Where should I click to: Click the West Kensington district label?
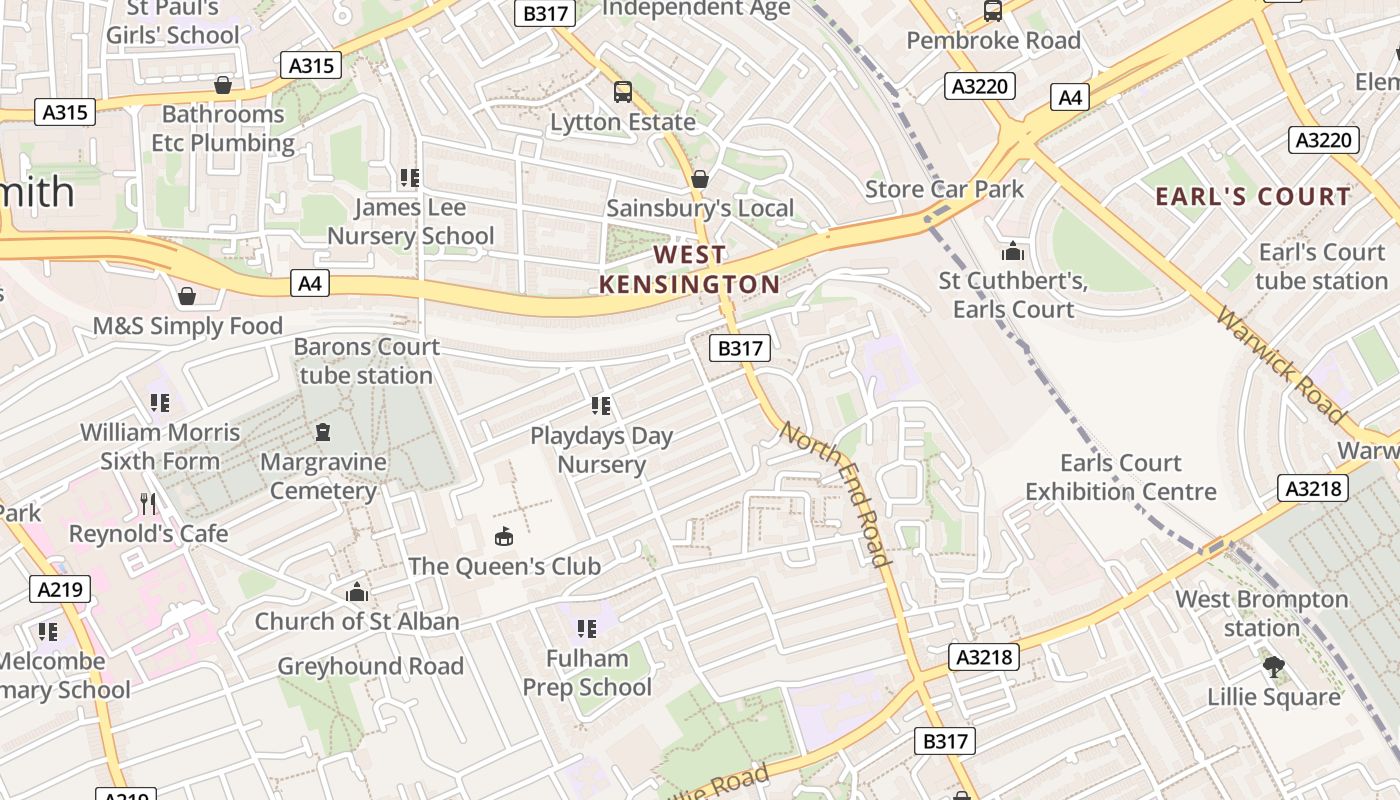689,269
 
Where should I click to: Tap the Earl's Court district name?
1253,196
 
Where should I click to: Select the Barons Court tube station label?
366,361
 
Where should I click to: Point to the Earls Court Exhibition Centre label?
1120,477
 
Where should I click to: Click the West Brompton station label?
1261,613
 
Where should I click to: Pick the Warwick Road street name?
1281,364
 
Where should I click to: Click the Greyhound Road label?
370,666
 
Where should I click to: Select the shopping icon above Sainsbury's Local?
700,179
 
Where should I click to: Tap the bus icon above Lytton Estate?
623,92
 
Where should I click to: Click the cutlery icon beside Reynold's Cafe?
149,503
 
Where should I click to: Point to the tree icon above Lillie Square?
1273,666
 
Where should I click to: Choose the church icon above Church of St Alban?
357,592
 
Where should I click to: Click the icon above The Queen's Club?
504,537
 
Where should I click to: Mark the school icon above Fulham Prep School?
587,629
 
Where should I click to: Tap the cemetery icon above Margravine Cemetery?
322,432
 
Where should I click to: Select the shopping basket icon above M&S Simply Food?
187,296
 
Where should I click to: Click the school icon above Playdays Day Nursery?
601,406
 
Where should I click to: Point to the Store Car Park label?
944,189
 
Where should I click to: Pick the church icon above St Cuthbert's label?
1013,251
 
